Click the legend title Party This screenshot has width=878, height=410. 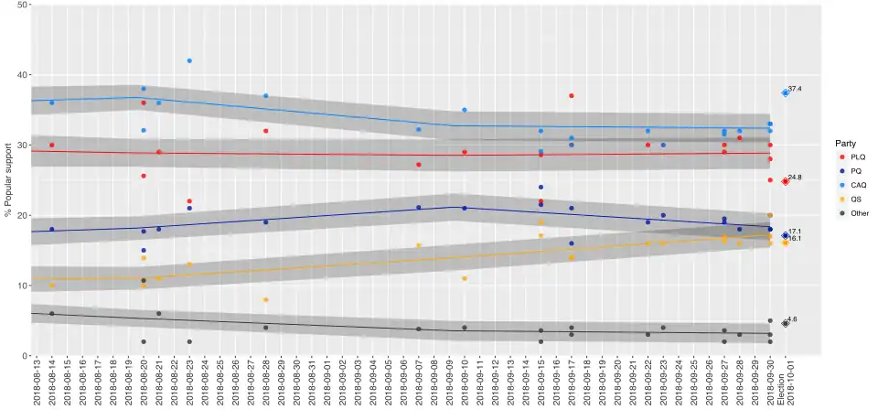844,143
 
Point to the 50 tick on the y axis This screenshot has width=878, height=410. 21,5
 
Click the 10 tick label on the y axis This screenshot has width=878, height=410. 21,286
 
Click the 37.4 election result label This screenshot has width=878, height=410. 795,89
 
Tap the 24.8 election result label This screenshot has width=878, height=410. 795,178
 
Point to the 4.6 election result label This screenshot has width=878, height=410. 793,319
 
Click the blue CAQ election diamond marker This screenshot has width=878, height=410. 785,92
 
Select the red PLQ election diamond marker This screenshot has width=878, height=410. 785,181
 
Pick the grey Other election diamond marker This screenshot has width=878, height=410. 785,323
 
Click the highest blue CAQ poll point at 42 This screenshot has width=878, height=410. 189,60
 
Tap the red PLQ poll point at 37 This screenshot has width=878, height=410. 571,95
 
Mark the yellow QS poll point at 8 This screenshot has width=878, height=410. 265,299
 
